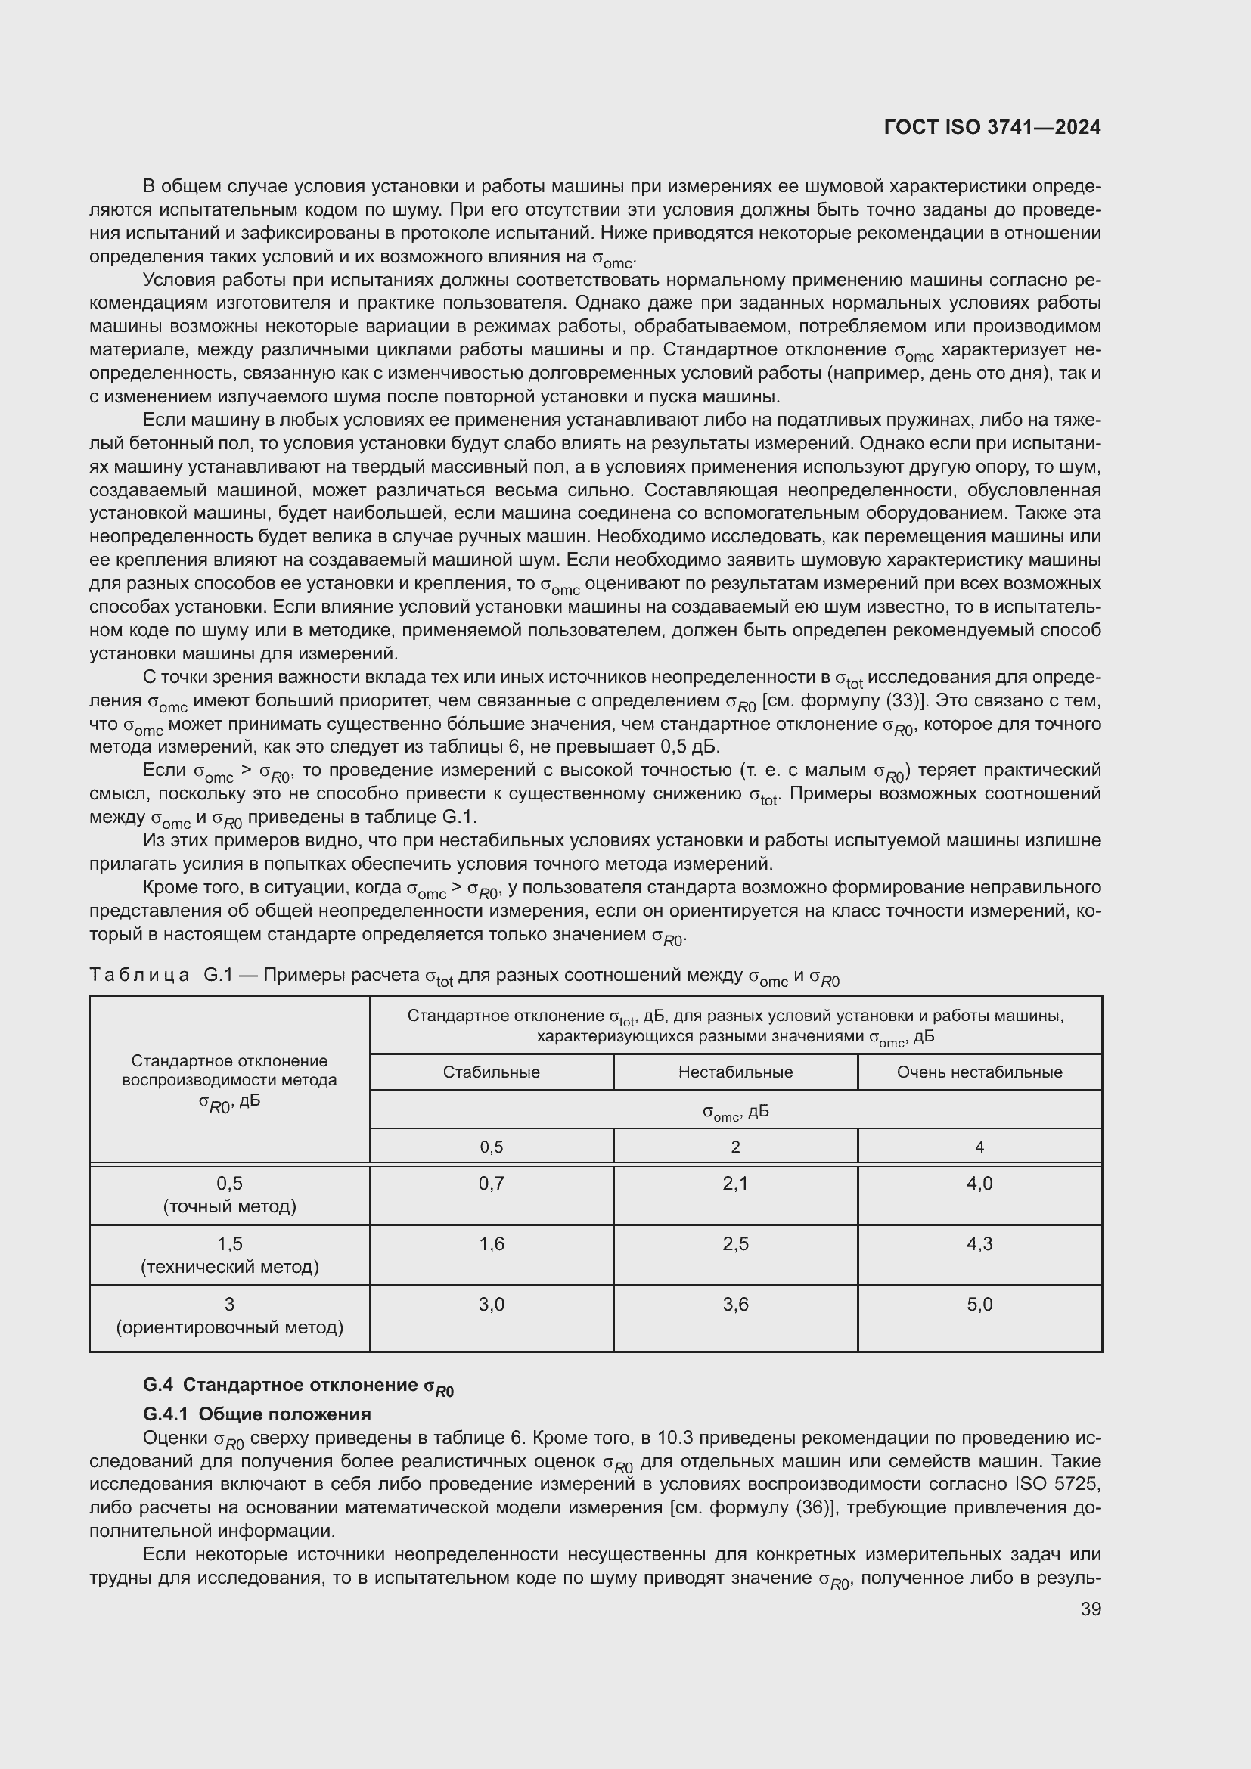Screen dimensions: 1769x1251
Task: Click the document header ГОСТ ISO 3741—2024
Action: pos(992,128)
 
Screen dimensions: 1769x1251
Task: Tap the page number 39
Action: pos(1090,1609)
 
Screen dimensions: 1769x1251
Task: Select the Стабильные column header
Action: pos(491,1072)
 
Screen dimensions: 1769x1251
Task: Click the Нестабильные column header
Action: pos(735,1072)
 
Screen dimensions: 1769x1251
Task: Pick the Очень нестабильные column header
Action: pos(979,1072)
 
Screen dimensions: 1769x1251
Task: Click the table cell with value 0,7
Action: pos(491,1183)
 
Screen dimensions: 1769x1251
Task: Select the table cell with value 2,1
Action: pos(735,1183)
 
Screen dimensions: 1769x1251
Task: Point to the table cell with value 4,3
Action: pos(979,1243)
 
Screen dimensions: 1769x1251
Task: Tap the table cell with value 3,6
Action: pos(735,1305)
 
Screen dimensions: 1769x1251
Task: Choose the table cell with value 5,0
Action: pos(979,1305)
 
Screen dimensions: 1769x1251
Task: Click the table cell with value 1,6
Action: pos(491,1243)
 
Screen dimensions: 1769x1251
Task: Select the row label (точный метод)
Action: pos(230,1206)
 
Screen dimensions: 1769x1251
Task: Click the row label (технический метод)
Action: pos(230,1267)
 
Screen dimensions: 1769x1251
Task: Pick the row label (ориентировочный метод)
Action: pos(230,1327)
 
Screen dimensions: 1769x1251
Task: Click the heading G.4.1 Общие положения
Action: pos(256,1414)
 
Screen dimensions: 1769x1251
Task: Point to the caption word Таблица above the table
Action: pos(139,976)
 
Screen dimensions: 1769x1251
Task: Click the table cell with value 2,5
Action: pos(735,1243)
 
